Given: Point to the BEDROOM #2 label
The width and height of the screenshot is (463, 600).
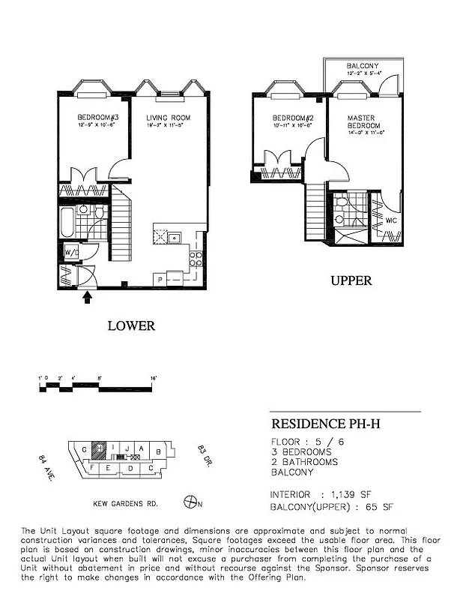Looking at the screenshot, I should click(x=291, y=118).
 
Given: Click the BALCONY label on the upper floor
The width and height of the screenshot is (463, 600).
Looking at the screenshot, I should click(x=363, y=67).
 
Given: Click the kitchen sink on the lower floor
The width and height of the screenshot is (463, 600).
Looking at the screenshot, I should click(x=175, y=238).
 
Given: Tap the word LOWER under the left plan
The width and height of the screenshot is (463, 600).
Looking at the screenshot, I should click(x=131, y=325).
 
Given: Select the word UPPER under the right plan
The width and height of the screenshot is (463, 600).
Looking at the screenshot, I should click(x=351, y=281).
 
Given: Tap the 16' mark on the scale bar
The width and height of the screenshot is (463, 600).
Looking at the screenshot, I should click(x=153, y=377).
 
